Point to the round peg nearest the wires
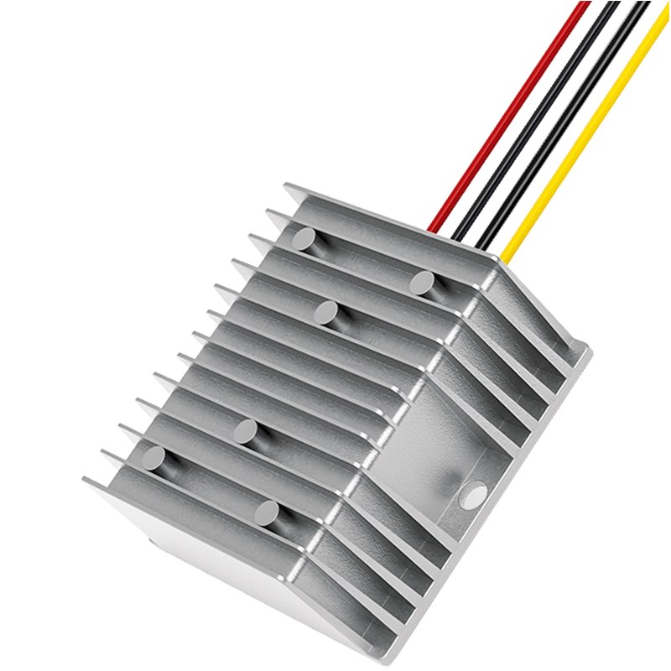tap(421, 283)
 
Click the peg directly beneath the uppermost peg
tap(325, 313)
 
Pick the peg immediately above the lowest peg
tap(246, 433)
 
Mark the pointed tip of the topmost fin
tap(286, 186)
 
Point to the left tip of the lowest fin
tap(86, 480)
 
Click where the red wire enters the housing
tap(433, 228)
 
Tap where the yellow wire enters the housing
tap(506, 252)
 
